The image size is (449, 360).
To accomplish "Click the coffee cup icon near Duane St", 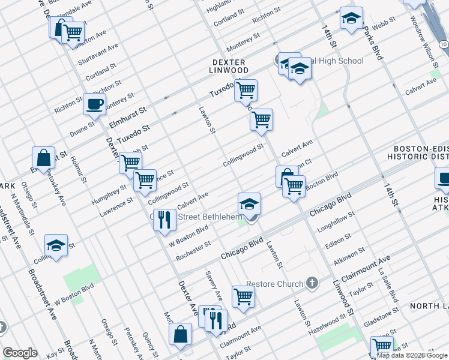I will pyautogui.click(x=95, y=104).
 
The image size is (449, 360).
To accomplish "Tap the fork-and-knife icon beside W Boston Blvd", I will pyautogui.click(x=164, y=220).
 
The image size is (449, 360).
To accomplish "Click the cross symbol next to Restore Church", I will pyautogui.click(x=311, y=282).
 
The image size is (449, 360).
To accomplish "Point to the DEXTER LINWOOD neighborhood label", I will pyautogui.click(x=228, y=66).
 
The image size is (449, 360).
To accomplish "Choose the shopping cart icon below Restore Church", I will pyautogui.click(x=243, y=296).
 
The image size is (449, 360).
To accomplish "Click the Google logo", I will pyautogui.click(x=20, y=353).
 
